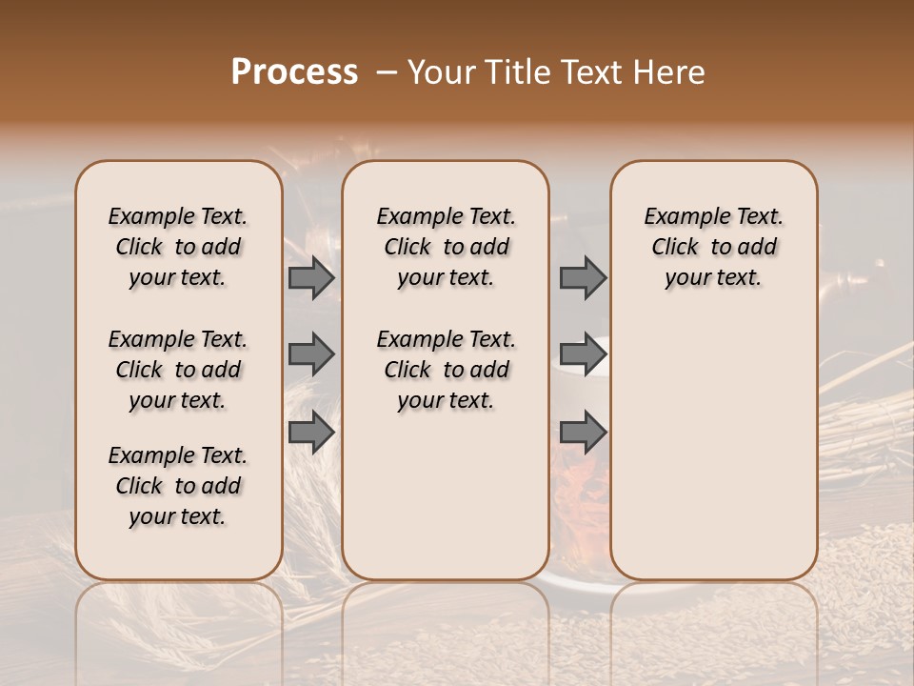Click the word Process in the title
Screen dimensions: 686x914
coord(294,72)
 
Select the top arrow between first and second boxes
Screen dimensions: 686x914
coord(310,278)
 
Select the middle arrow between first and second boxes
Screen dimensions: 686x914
coord(310,354)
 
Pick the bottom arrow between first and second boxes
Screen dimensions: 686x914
coord(310,432)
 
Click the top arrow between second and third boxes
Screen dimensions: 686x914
coord(583,278)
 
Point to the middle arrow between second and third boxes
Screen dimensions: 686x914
coord(583,354)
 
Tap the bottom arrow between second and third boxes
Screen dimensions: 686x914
coord(583,432)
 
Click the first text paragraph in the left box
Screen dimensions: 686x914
coord(178,247)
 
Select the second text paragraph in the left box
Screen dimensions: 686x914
coord(178,370)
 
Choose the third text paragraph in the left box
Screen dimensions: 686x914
coord(178,486)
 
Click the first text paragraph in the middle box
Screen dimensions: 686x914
coord(446,247)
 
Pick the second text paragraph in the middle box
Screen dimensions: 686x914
coord(446,370)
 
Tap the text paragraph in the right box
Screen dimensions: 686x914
coord(714,247)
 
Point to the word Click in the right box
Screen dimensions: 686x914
coord(675,248)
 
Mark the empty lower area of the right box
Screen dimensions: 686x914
coord(714,448)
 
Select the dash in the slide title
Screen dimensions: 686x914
coord(387,72)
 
